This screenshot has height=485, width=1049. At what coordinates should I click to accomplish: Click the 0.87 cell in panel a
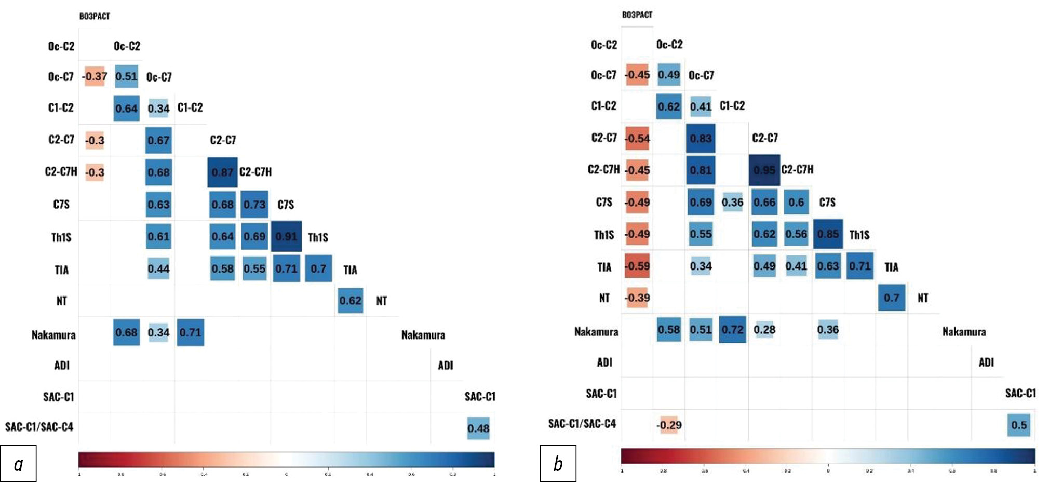[222, 172]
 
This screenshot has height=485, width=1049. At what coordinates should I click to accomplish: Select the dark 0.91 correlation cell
[286, 236]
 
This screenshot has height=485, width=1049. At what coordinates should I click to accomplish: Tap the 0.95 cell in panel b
[764, 170]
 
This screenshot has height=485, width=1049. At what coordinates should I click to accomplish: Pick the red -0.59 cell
[637, 266]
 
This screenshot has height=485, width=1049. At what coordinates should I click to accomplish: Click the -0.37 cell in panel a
[95, 76]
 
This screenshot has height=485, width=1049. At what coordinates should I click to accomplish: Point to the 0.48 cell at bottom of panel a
[478, 428]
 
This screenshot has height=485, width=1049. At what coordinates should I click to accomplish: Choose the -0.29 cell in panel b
[669, 425]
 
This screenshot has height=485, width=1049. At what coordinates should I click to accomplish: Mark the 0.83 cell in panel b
[701, 138]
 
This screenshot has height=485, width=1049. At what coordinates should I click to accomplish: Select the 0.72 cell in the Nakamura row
[732, 329]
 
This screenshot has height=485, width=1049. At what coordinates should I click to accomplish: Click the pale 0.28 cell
[764, 329]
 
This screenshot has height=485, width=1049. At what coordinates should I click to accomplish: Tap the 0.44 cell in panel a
[158, 268]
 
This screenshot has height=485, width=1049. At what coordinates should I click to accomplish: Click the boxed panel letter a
[18, 463]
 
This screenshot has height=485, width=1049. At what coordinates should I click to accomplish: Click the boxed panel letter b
[558, 463]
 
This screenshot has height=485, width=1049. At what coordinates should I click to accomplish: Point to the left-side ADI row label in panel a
[62, 365]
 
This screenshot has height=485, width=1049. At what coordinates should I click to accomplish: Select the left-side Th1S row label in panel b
[604, 235]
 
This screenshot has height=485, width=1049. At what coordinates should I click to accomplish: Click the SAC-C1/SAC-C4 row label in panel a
[39, 427]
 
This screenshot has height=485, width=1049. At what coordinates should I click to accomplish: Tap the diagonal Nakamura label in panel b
[964, 332]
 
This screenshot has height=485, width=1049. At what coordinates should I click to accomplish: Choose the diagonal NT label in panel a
[382, 301]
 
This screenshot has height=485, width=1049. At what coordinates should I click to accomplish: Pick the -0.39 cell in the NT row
[637, 298]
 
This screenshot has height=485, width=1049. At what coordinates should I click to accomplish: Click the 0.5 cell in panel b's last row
[1019, 425]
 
